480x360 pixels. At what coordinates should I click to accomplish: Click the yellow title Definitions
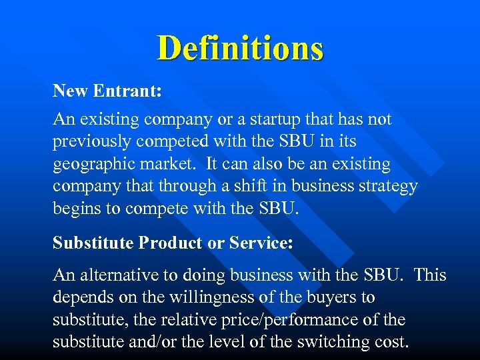(x=240, y=48)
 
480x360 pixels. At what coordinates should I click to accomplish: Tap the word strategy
(x=388, y=186)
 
